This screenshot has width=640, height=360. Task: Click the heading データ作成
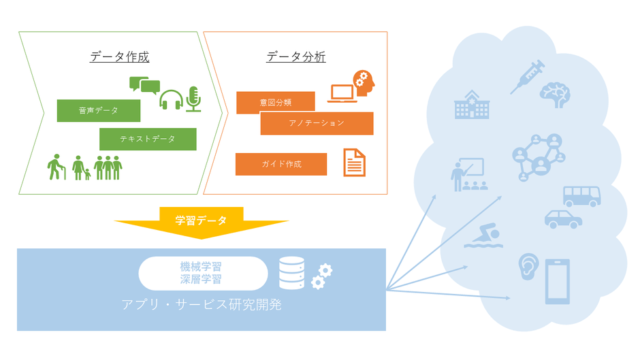[119, 57]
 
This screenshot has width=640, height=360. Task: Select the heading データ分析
[295, 57]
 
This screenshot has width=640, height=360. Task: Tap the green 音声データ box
[98, 111]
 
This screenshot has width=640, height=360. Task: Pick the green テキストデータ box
[148, 139]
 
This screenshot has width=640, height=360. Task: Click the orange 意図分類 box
[275, 103]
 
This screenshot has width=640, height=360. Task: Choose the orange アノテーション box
[317, 123]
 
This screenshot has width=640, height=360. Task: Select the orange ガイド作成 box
[281, 164]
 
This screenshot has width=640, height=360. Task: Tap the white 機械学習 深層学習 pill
[203, 273]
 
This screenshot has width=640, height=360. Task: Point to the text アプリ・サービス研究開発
[202, 305]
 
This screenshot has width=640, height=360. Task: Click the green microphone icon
[193, 99]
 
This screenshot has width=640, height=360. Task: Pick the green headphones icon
[170, 100]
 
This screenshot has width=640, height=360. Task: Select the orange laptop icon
[342, 94]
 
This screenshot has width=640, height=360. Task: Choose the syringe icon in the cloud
[528, 76]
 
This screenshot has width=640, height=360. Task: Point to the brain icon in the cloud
[554, 96]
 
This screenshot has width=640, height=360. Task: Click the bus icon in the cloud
[581, 197]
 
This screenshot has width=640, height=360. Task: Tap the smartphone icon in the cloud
[558, 281]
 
